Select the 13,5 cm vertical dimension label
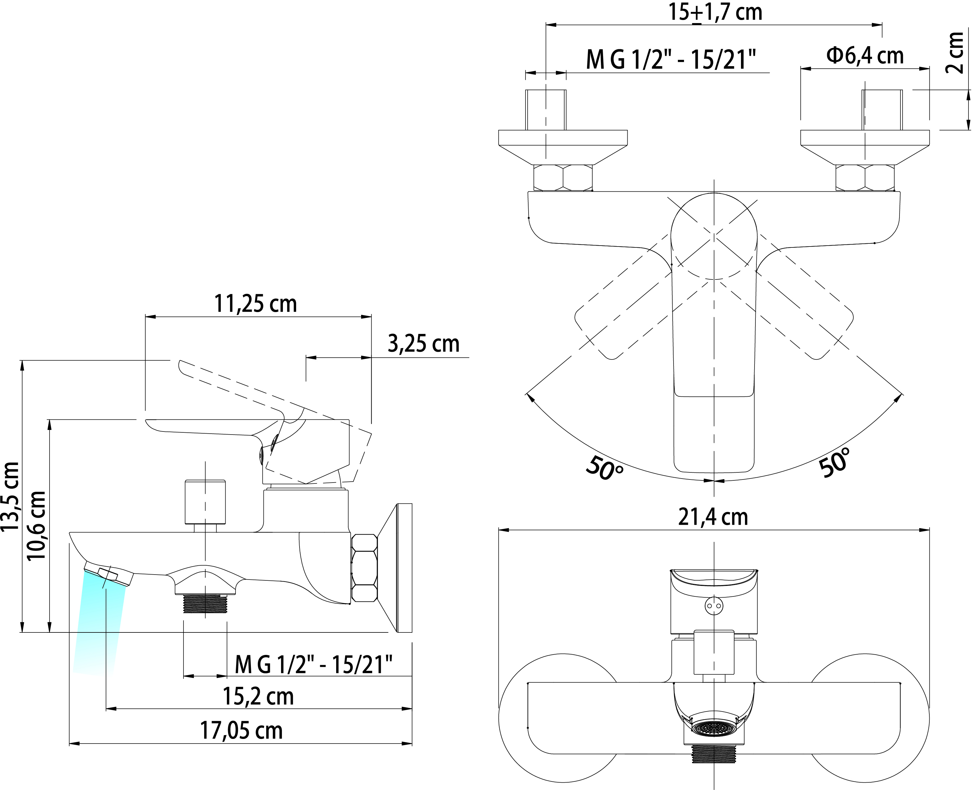click(x=10, y=496)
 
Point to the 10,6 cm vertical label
click(x=36, y=526)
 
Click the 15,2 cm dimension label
click(x=258, y=696)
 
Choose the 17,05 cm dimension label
click(x=241, y=730)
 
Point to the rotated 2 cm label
click(x=954, y=52)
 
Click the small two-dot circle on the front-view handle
click(x=713, y=606)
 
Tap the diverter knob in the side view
click(x=205, y=502)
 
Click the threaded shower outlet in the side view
click(x=205, y=604)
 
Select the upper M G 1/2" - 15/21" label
click(x=671, y=60)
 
